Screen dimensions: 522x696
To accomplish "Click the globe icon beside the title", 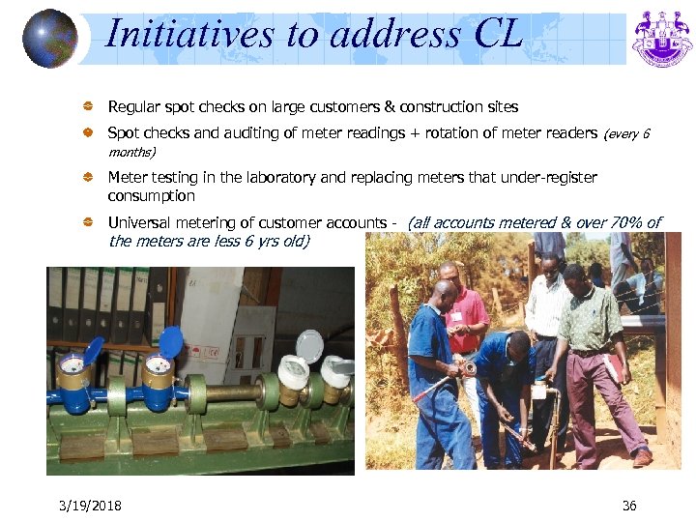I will (50, 38).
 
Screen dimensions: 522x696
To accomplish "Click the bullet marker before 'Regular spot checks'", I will (88, 107).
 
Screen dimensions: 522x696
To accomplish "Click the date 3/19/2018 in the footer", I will (89, 506).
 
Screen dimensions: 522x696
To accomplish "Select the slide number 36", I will (629, 506).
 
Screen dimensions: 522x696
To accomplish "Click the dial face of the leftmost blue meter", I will (71, 365).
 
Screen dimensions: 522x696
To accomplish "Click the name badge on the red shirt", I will (455, 316).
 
